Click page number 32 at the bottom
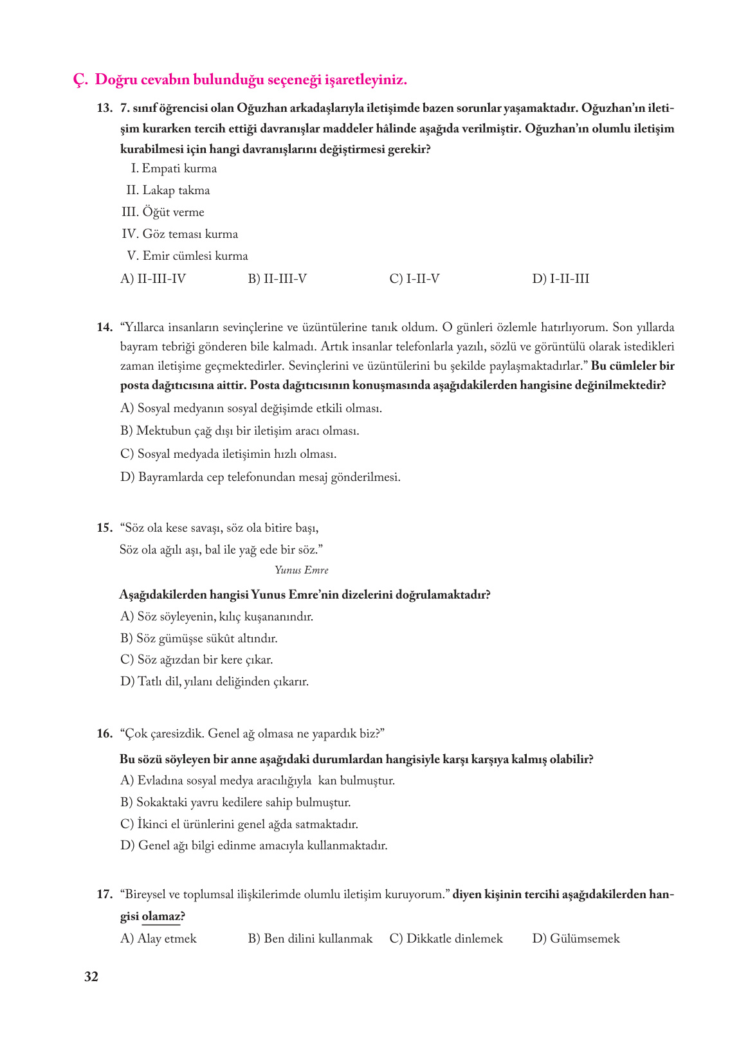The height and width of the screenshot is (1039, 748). [x=91, y=977]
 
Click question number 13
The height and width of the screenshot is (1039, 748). [x=105, y=108]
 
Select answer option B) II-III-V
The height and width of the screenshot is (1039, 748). [x=277, y=278]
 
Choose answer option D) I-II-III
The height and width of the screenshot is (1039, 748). [x=560, y=278]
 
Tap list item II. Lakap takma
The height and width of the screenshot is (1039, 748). [x=168, y=190]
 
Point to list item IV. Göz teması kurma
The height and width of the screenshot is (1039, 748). [x=179, y=234]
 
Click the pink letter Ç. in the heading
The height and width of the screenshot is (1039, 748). [x=80, y=80]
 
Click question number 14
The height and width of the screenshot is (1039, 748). [x=105, y=327]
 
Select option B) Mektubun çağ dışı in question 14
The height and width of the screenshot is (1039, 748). [x=239, y=431]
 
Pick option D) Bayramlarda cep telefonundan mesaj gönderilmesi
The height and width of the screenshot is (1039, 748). [x=260, y=477]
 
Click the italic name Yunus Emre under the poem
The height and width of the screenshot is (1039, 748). [x=301, y=570]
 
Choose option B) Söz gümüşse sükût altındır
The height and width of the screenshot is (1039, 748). [x=199, y=638]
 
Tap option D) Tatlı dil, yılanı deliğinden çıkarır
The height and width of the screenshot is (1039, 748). [x=214, y=682]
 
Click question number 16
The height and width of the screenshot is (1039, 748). [x=105, y=734]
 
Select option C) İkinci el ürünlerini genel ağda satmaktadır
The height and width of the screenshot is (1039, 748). [x=239, y=824]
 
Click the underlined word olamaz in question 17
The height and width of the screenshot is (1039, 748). [x=160, y=916]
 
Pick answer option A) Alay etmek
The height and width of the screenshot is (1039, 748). [x=158, y=939]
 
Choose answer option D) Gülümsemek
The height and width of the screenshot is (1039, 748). [x=576, y=939]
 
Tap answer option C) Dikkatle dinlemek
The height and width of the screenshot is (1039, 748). [x=446, y=939]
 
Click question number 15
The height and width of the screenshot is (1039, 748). [x=105, y=528]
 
